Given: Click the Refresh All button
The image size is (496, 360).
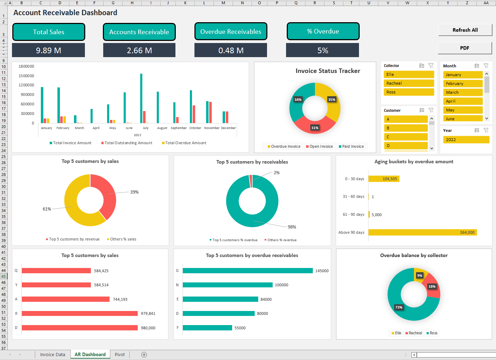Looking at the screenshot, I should [x=465, y=30].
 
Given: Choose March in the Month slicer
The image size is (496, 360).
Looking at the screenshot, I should [x=463, y=92].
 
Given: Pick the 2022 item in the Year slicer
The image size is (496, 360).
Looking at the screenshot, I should [x=466, y=140].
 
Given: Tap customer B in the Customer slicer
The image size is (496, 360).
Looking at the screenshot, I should [x=405, y=128].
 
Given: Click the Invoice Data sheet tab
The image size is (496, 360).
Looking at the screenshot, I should [x=52, y=354].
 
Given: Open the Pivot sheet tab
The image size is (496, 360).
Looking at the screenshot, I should [x=119, y=354].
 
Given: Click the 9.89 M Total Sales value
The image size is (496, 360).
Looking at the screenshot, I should [x=49, y=50].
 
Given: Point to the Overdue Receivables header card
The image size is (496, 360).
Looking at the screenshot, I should [x=231, y=32].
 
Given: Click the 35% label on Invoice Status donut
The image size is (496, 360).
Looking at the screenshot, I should [x=331, y=99].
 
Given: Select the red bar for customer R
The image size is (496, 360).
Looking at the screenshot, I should [x=80, y=313].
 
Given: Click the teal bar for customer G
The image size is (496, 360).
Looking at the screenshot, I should [x=247, y=271].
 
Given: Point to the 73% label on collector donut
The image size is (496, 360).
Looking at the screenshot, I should [x=399, y=307].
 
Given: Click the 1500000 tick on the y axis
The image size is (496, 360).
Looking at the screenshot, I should [x=26, y=76].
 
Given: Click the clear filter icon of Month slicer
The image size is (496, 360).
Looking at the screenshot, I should [x=486, y=66].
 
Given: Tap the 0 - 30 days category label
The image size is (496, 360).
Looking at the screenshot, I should [x=354, y=179].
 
